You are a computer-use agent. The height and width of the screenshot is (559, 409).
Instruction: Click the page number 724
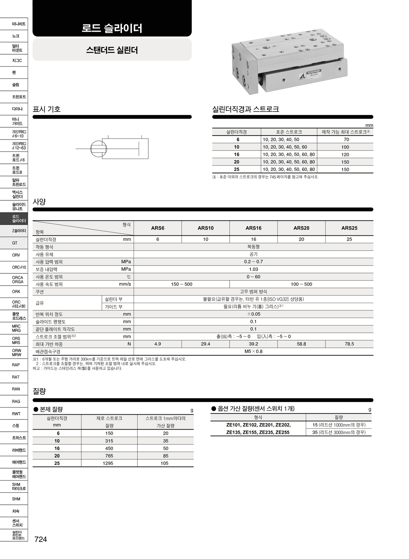(x=41, y=539)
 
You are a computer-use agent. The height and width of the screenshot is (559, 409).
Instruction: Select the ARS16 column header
(x=253, y=228)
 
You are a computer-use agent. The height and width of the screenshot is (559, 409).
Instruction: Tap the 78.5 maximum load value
(x=349, y=344)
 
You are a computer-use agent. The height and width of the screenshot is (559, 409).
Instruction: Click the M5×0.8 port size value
(x=253, y=352)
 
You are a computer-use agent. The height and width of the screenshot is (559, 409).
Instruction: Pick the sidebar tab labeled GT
(x=14, y=243)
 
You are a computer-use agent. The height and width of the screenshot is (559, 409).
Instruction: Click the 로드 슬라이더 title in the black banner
(x=112, y=28)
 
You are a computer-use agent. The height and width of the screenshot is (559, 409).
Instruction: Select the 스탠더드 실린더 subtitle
(x=112, y=50)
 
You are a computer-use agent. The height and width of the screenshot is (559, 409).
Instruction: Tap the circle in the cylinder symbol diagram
(x=99, y=149)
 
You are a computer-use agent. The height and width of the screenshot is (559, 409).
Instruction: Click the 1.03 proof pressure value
(x=253, y=269)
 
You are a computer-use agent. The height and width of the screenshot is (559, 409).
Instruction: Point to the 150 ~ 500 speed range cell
(x=181, y=284)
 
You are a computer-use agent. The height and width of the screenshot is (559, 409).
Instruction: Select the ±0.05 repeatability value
(x=253, y=314)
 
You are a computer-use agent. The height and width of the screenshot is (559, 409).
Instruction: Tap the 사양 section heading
(x=39, y=202)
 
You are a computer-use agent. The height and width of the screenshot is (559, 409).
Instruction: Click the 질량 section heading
(x=39, y=391)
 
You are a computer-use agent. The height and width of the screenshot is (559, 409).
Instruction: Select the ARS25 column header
(x=349, y=228)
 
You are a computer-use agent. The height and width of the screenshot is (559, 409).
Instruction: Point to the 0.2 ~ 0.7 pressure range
(x=253, y=262)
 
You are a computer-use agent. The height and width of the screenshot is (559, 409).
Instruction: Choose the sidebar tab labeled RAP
(x=16, y=365)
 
